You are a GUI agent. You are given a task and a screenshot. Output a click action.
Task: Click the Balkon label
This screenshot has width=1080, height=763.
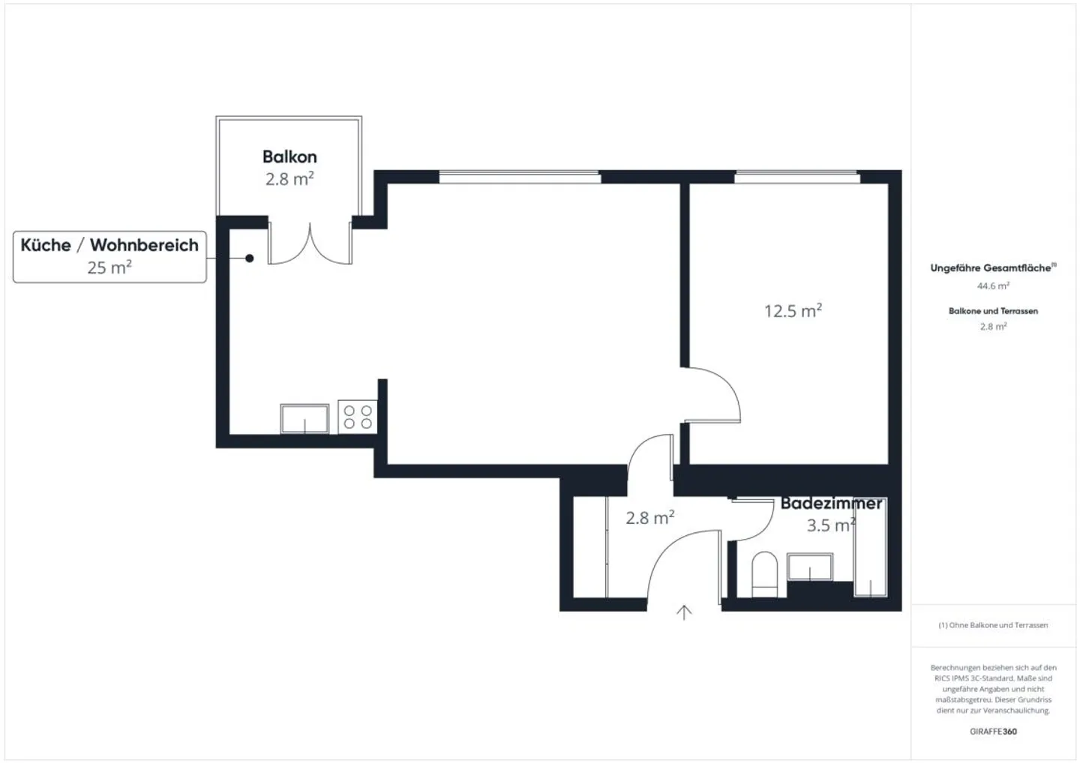(x=289, y=157)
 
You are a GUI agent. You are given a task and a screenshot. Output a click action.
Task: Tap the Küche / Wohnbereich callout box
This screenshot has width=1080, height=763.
(x=110, y=257)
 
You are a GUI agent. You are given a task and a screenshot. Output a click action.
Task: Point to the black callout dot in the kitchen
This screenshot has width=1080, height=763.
(x=249, y=259)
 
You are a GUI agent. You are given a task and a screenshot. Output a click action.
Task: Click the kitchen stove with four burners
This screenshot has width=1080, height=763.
(x=358, y=417)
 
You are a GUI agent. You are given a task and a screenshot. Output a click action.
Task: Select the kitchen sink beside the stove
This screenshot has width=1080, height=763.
(x=304, y=419)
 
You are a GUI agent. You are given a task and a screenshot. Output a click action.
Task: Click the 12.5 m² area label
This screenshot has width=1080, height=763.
(x=793, y=311)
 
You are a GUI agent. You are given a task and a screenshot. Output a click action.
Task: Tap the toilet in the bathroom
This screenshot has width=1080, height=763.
(x=765, y=575)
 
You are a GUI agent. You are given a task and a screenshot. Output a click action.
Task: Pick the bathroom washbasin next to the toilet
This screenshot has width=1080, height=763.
(x=810, y=567)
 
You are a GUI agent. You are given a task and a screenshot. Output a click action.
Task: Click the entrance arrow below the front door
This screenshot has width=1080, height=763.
(x=684, y=612)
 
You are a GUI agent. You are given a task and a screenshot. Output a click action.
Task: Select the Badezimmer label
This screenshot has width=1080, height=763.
(x=831, y=504)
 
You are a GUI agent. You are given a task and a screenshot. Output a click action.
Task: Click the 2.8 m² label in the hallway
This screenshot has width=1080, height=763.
(x=650, y=519)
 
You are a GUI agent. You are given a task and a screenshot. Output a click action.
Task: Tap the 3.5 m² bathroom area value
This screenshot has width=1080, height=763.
(x=831, y=525)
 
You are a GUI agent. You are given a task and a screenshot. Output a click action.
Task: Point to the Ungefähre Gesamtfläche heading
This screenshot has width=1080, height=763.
(x=993, y=268)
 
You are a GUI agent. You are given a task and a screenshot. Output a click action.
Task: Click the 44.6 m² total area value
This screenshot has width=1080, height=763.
(x=993, y=286)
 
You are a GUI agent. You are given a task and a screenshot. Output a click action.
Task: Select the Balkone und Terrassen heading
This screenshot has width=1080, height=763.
(x=993, y=311)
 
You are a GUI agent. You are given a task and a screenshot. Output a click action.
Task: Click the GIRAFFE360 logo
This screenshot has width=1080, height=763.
(x=993, y=732)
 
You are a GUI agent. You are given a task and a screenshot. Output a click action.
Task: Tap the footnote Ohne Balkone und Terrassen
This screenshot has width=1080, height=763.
(x=993, y=625)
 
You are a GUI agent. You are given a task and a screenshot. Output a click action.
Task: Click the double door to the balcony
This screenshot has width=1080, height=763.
(x=310, y=244)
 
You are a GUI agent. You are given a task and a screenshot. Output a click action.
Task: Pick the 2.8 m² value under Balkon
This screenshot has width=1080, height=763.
(x=289, y=179)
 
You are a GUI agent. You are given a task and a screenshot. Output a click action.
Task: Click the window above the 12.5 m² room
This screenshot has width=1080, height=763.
(x=797, y=177)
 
